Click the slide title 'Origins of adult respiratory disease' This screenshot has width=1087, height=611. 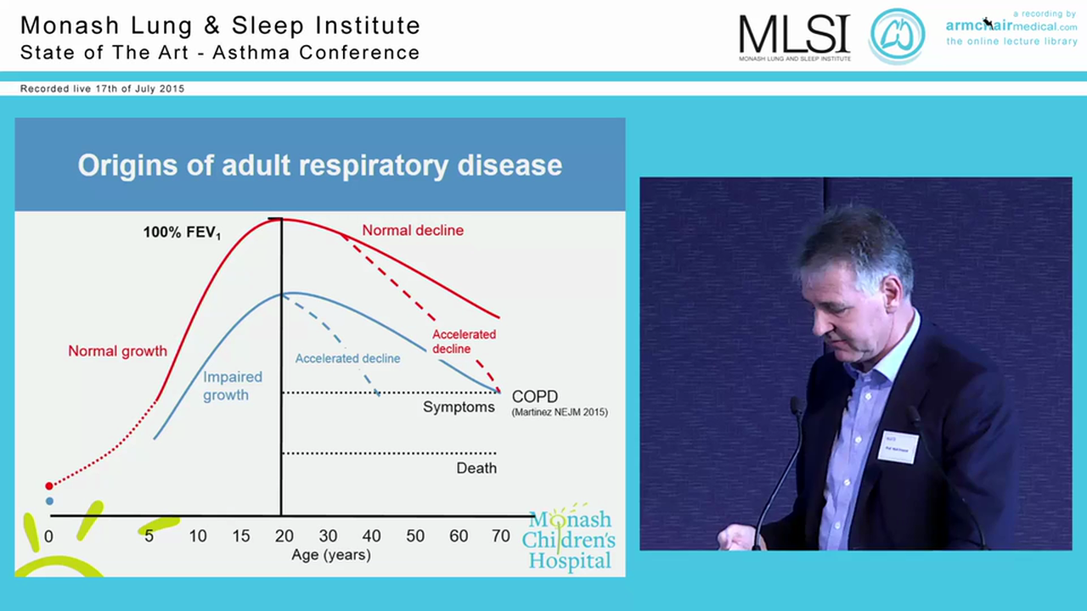(319, 165)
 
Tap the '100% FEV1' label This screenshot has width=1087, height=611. (182, 233)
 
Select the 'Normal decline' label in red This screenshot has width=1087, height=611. (413, 231)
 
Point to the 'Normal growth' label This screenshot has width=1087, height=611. (117, 351)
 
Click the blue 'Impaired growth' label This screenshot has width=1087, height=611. (232, 385)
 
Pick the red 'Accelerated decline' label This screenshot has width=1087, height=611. (464, 341)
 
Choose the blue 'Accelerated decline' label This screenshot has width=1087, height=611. (347, 359)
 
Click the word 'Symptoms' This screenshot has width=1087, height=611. (459, 407)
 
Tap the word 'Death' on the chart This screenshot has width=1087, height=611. (476, 468)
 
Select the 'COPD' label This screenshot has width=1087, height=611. (535, 397)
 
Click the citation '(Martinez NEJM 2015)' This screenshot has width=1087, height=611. (560, 412)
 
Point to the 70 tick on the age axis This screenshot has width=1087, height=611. (501, 536)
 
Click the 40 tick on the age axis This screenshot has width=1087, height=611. (371, 536)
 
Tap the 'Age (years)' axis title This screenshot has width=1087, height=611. (331, 556)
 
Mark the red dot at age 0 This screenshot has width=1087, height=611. (49, 485)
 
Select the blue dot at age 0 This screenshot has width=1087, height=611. (49, 502)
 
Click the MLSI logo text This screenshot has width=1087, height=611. (794, 35)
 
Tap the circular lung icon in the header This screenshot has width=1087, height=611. (897, 36)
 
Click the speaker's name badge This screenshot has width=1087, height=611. (898, 446)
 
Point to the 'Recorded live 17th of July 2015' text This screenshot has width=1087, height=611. (102, 88)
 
